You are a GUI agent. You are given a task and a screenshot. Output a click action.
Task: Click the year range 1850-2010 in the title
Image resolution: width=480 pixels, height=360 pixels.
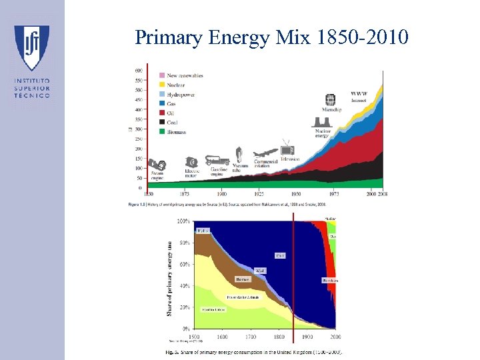[361, 38]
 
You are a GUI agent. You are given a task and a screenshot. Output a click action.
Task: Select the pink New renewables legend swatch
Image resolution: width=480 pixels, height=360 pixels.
[162, 75]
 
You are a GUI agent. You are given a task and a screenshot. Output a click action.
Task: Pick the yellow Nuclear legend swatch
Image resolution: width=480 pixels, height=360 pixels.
[162, 85]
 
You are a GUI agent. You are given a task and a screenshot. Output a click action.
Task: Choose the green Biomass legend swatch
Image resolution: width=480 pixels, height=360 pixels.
[162, 132]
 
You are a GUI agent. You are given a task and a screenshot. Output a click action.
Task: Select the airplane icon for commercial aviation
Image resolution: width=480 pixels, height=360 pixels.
[266, 154]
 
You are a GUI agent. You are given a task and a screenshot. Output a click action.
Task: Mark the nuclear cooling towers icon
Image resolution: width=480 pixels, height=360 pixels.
[323, 121]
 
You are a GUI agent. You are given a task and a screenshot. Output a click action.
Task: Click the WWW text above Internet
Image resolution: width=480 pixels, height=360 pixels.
[359, 93]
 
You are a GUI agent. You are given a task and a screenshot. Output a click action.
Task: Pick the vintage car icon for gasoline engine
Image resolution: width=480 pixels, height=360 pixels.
[217, 161]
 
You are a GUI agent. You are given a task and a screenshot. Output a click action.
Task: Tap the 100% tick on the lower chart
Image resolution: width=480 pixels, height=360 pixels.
[182, 221]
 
